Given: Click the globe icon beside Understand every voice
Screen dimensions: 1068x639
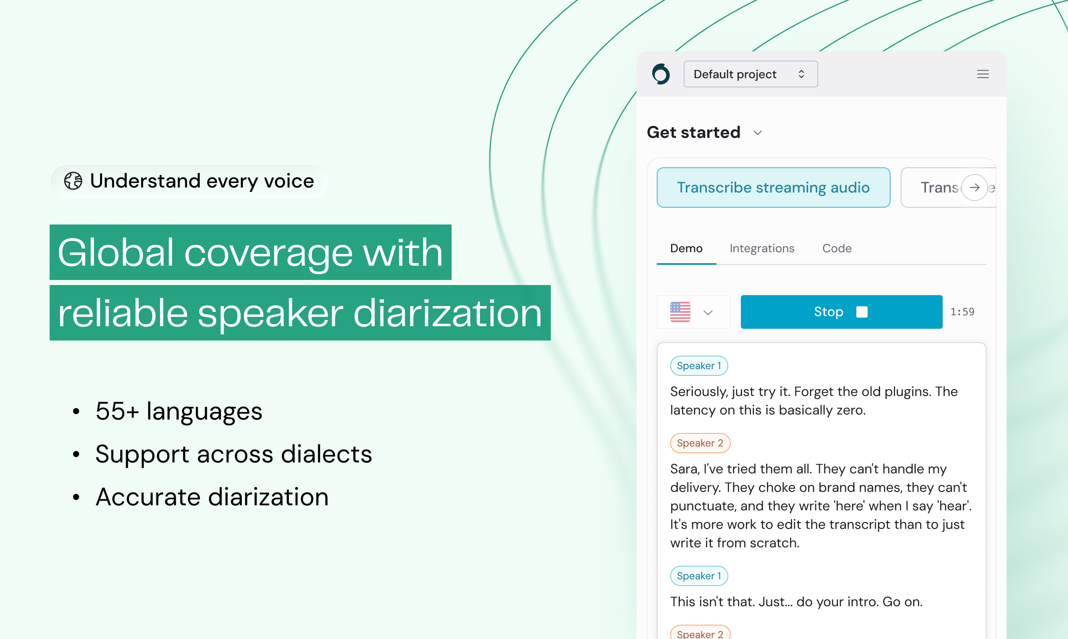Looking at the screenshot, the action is pyautogui.click(x=73, y=181).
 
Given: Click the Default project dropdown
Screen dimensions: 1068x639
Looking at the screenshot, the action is pyautogui.click(x=751, y=74).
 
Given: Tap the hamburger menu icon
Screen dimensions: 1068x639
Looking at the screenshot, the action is pyautogui.click(x=983, y=74).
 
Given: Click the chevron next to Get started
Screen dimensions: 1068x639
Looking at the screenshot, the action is pyautogui.click(x=758, y=133).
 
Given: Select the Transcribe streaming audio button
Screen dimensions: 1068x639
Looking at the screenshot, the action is pyautogui.click(x=773, y=187).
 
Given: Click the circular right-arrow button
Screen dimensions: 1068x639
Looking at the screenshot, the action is pyautogui.click(x=975, y=187).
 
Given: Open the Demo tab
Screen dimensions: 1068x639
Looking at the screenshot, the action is pyautogui.click(x=687, y=248).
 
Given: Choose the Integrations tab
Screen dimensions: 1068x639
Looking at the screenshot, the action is pyautogui.click(x=762, y=248).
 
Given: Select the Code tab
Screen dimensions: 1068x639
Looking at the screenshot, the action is pyautogui.click(x=837, y=248).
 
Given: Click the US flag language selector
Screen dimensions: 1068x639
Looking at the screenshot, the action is pyautogui.click(x=693, y=312).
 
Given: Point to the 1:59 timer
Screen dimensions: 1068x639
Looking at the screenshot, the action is pyautogui.click(x=962, y=312).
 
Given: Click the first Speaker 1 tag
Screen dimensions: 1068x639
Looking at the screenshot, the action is pyautogui.click(x=699, y=366).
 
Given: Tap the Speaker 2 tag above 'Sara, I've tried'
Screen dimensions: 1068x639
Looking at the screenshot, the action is pyautogui.click(x=700, y=443).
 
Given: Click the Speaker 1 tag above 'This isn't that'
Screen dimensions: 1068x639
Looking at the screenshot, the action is pyautogui.click(x=699, y=576).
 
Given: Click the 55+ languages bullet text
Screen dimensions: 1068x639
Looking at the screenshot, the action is pyautogui.click(x=179, y=411).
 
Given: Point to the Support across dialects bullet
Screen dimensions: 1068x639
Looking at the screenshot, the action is pyautogui.click(x=233, y=454).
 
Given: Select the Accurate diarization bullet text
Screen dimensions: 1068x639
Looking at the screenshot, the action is pyautogui.click(x=212, y=497).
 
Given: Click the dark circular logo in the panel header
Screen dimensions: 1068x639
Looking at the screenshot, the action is pyautogui.click(x=661, y=74).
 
